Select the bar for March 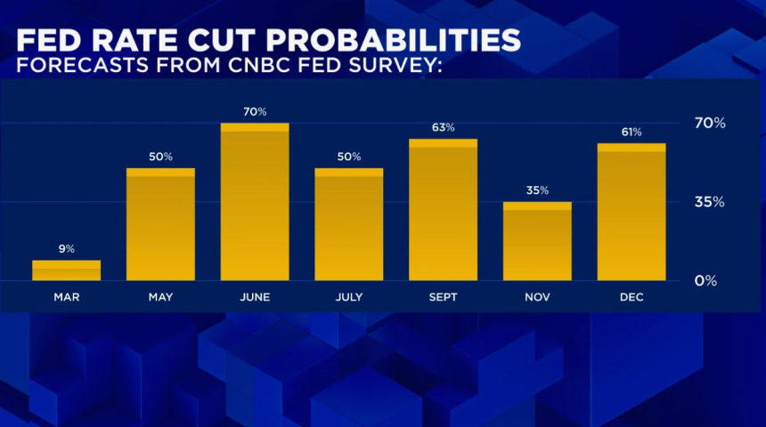[x=67, y=270]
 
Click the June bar [x=255, y=202]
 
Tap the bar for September [x=443, y=210]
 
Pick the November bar [x=537, y=241]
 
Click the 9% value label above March [x=67, y=249]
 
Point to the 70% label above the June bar [x=255, y=111]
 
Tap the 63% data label [x=443, y=127]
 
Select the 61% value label [x=632, y=132]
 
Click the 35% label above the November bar [x=537, y=190]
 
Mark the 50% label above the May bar [x=160, y=157]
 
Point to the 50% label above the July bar [x=349, y=157]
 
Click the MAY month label [x=160, y=297]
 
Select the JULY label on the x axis [x=349, y=297]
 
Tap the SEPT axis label [x=443, y=297]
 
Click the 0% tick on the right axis [x=705, y=281]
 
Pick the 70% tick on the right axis [x=710, y=123]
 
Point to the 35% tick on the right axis [x=710, y=202]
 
